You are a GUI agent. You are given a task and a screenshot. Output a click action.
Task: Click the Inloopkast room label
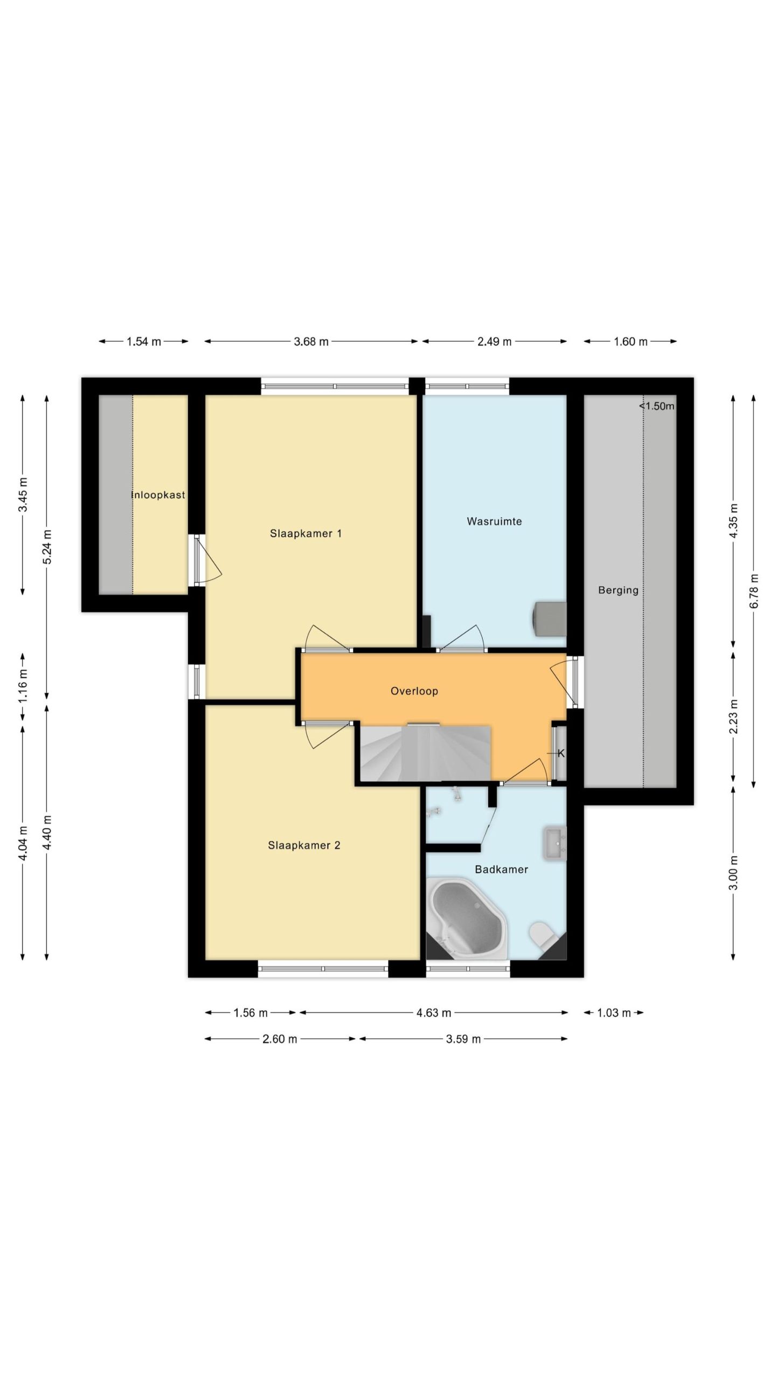[x=158, y=495]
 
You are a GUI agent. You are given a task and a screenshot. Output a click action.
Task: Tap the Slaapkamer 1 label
[x=306, y=534]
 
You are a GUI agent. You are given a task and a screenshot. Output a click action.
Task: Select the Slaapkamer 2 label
[x=304, y=845]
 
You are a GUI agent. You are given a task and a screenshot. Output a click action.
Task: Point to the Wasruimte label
[x=494, y=521]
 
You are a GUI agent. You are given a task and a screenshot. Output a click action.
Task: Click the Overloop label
[x=414, y=691]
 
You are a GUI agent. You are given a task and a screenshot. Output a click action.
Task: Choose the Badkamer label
[x=501, y=869]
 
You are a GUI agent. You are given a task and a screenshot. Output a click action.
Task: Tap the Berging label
[x=618, y=590]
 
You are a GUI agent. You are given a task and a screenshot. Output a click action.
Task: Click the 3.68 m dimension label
[x=311, y=341]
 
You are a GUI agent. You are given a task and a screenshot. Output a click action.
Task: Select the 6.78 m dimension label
[x=754, y=591]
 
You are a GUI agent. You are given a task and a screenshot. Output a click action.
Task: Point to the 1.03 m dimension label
[x=614, y=1013]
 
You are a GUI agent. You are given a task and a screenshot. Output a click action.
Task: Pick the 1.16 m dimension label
[x=23, y=686]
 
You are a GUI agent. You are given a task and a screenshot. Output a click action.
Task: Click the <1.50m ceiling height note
[x=657, y=406]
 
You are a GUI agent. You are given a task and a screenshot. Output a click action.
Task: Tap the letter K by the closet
[x=561, y=753]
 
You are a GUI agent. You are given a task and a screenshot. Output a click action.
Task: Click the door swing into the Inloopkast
[x=208, y=559]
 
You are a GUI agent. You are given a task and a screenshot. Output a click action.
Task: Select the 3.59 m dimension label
[x=463, y=1039]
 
